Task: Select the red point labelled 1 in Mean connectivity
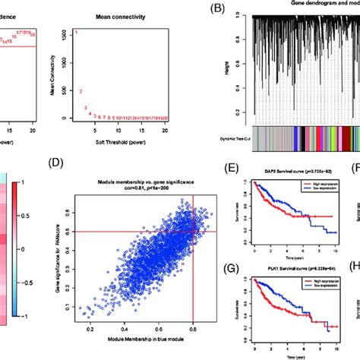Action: click(76, 33)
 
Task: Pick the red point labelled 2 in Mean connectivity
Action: click(81, 91)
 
